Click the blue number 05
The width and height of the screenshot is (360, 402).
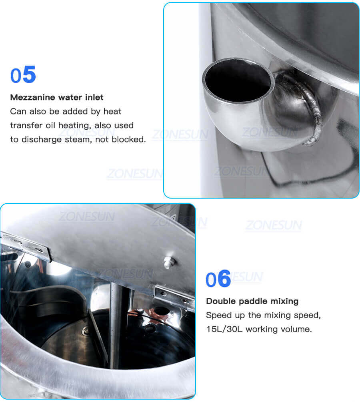[23, 75]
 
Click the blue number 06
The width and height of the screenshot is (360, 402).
[218, 279]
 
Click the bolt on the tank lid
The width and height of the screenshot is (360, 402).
[168, 262]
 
